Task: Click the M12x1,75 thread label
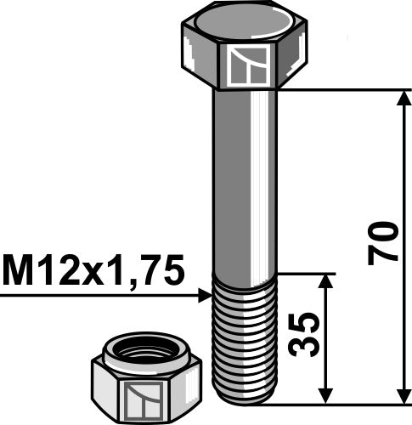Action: point(93,272)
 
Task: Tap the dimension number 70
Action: point(382,243)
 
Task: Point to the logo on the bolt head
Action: point(250,67)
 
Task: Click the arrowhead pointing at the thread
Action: point(204,295)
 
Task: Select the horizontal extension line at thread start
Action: point(306,274)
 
